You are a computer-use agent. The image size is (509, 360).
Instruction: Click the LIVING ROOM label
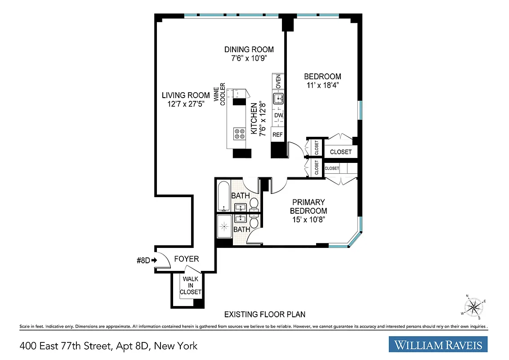point(186,95)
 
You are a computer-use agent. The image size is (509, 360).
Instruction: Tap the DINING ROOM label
point(249,49)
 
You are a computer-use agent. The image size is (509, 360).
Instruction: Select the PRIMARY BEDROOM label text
point(308,207)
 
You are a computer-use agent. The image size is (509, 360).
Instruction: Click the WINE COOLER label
point(219,96)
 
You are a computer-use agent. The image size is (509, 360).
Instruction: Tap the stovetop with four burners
point(239,133)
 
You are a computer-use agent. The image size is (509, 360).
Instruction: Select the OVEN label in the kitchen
point(278,81)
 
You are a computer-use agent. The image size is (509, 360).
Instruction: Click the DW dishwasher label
point(278,116)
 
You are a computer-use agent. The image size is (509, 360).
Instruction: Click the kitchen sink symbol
point(279,98)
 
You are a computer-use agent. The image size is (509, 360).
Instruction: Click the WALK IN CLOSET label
point(191,286)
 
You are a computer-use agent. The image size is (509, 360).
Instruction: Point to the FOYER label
point(186,259)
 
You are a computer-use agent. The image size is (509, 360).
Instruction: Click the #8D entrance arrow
point(147,260)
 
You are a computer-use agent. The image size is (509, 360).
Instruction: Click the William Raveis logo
point(438,345)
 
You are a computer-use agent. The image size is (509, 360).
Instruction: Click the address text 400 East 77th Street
point(108,346)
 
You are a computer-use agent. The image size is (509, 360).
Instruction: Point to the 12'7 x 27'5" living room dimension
point(186,104)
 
